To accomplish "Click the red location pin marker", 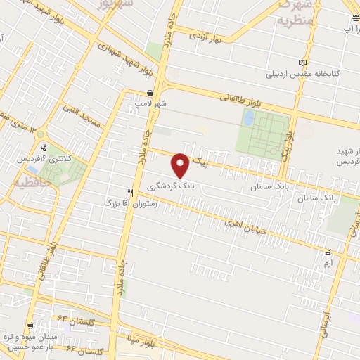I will (181, 165).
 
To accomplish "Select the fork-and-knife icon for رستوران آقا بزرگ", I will (129, 192).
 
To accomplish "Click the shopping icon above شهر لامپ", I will (150, 93).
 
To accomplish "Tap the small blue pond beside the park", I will (249, 120).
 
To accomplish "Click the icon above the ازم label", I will (327, 252).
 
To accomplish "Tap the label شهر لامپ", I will (151, 103).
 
